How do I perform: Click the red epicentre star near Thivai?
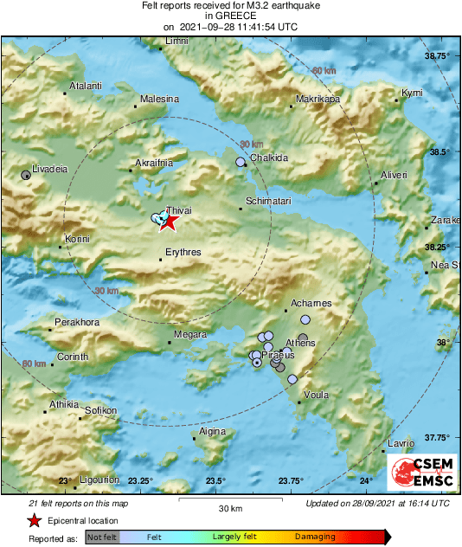click(168, 222)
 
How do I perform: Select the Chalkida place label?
click(268, 158)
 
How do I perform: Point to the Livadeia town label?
click(49, 169)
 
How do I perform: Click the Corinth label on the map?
click(73, 357)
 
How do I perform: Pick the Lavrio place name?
click(401, 443)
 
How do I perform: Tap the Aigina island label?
click(212, 431)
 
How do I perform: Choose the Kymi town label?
click(412, 93)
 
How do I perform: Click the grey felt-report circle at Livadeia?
click(26, 176)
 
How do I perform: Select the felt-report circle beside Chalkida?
click(241, 162)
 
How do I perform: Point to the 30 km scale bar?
click(228, 499)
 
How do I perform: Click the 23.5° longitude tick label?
click(215, 481)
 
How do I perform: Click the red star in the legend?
click(34, 520)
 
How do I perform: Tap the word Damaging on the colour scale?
click(315, 537)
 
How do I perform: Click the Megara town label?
click(190, 334)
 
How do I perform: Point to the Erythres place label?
click(183, 252)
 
